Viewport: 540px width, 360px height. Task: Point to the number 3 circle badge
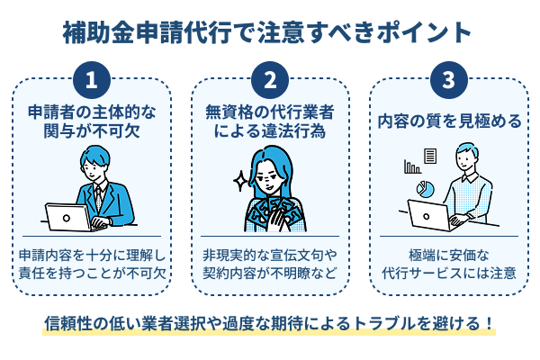pos(447,79)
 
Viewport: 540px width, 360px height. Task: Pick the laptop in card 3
pos(430,215)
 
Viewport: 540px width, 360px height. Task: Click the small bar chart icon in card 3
pos(412,166)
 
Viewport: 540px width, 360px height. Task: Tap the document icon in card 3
pos(431,157)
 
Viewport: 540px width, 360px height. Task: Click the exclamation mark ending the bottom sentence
pos(490,321)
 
